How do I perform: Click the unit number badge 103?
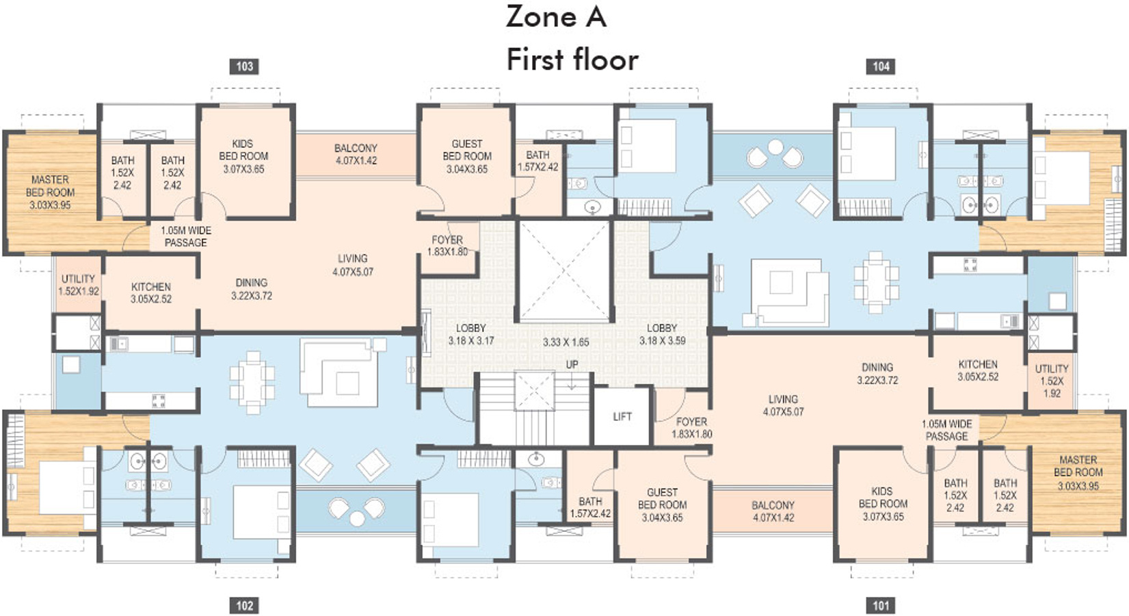pos(244,66)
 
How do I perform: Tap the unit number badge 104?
pos(881,66)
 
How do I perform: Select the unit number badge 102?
pos(244,606)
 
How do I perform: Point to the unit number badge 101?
pos(881,606)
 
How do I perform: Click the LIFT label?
pos(622,417)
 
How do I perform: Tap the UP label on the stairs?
pos(572,365)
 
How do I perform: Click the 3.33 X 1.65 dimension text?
pos(566,342)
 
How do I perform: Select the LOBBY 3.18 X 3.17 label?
pos(470,335)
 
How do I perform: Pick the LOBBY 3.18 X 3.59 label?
pos(662,335)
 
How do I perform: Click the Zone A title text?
pos(556,16)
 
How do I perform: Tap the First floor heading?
pos(572,60)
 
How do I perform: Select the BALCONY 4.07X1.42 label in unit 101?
pos(773,511)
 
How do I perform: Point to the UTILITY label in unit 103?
pos(78,279)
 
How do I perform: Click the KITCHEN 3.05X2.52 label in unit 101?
pos(979,370)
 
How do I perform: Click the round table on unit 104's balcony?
pos(775,147)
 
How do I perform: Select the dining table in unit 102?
pos(252,383)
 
